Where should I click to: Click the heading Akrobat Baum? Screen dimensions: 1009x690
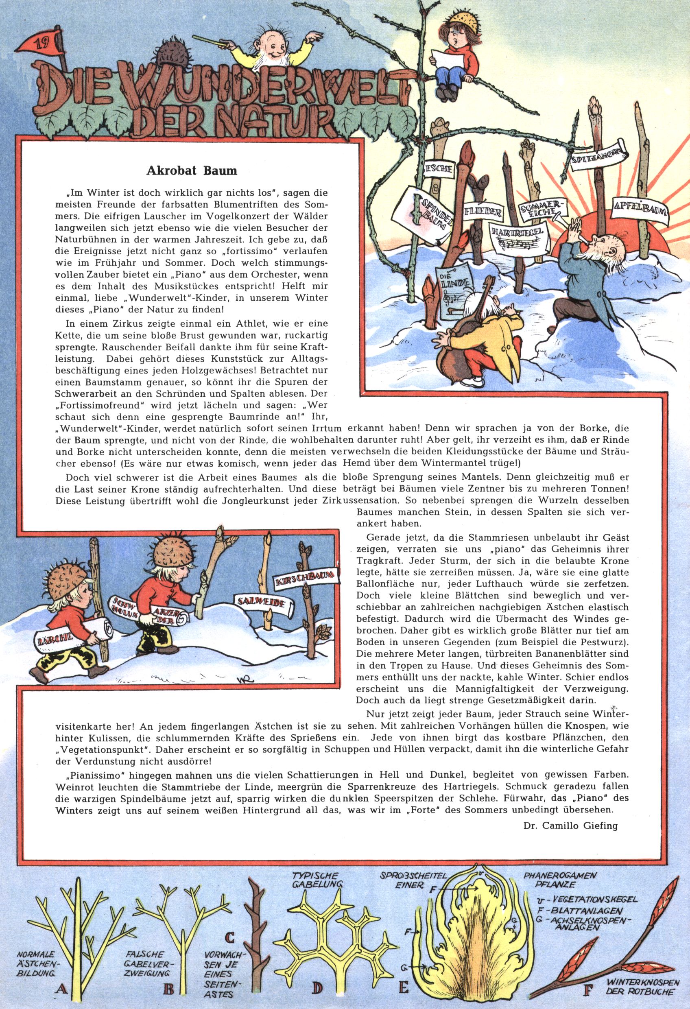click(192, 170)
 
